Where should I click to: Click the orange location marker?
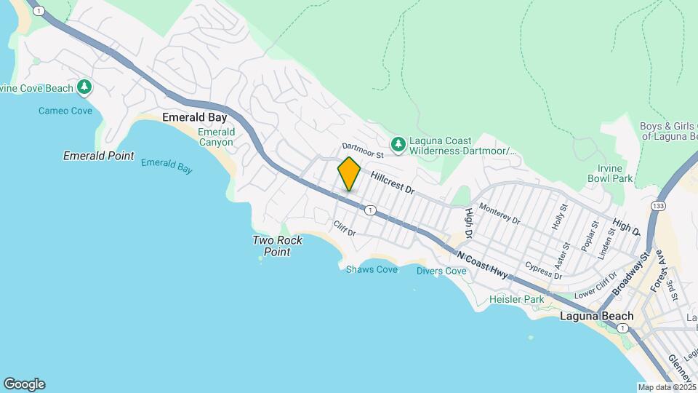(349, 174)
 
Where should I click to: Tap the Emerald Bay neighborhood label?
(195, 117)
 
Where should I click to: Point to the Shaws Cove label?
(372, 270)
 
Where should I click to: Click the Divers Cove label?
(441, 271)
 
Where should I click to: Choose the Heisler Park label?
(516, 299)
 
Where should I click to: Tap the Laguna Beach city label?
(597, 317)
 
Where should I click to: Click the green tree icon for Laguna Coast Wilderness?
(398, 145)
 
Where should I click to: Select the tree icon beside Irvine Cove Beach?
(85, 88)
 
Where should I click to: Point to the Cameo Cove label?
(65, 111)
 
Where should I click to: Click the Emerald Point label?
(98, 156)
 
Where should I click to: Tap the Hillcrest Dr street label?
(392, 183)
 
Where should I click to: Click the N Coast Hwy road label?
(482, 263)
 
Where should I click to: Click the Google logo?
(24, 384)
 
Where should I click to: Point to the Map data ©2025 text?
(667, 387)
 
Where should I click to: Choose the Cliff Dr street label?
(344, 229)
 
